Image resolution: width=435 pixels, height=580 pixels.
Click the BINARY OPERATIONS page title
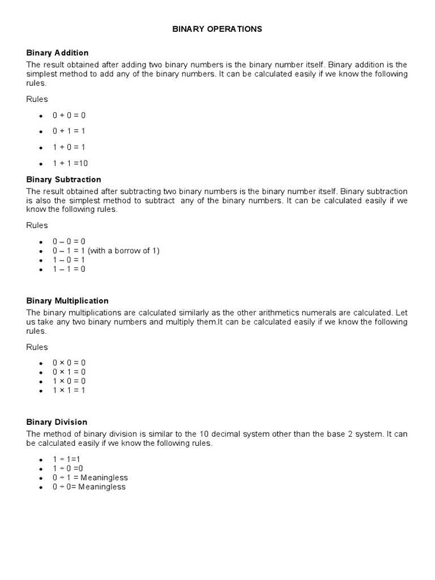click(x=217, y=29)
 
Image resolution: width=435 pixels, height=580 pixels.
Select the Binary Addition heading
click(x=57, y=53)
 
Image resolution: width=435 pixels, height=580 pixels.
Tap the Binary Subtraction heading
click(x=63, y=180)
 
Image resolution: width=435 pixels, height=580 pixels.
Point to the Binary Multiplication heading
click(x=67, y=301)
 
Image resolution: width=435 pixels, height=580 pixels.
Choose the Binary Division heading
click(x=57, y=422)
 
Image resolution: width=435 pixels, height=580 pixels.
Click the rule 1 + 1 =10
click(x=70, y=163)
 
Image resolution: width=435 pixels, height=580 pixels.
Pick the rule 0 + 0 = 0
click(x=69, y=115)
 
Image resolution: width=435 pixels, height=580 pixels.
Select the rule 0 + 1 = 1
click(x=69, y=131)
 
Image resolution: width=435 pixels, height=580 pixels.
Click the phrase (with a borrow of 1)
click(x=123, y=250)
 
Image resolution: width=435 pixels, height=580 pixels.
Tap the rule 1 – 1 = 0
click(x=69, y=269)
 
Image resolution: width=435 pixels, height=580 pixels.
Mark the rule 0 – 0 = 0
click(x=69, y=241)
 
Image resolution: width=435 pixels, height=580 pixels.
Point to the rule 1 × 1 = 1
click(x=69, y=390)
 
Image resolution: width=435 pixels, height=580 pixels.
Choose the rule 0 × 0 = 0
click(x=69, y=362)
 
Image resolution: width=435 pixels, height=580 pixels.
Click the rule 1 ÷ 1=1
click(x=67, y=459)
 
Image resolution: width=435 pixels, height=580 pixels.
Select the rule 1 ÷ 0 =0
click(x=68, y=468)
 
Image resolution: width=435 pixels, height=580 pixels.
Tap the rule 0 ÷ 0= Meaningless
click(x=89, y=487)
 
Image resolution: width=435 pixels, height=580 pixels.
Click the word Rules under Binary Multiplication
click(x=37, y=347)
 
